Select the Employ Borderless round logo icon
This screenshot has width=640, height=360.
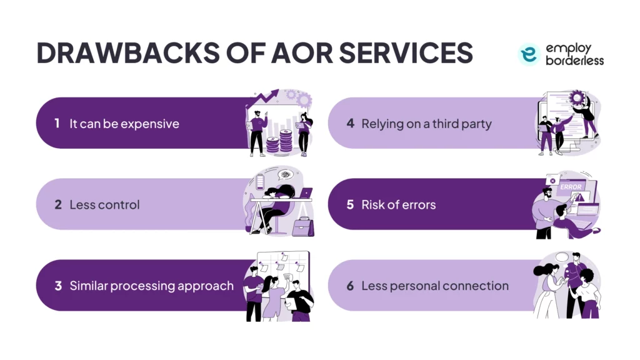pyautogui.click(x=529, y=55)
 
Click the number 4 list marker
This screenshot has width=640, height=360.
pyautogui.click(x=350, y=124)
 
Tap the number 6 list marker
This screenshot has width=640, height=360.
pyautogui.click(x=350, y=286)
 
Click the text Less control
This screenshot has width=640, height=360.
pyautogui.click(x=104, y=205)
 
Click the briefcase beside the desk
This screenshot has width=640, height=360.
pyautogui.click(x=302, y=226)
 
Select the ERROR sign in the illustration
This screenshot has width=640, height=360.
pyautogui.click(x=571, y=186)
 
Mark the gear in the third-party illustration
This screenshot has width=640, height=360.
pyautogui.click(x=576, y=99)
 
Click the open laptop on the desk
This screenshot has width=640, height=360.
pyautogui.click(x=304, y=194)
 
